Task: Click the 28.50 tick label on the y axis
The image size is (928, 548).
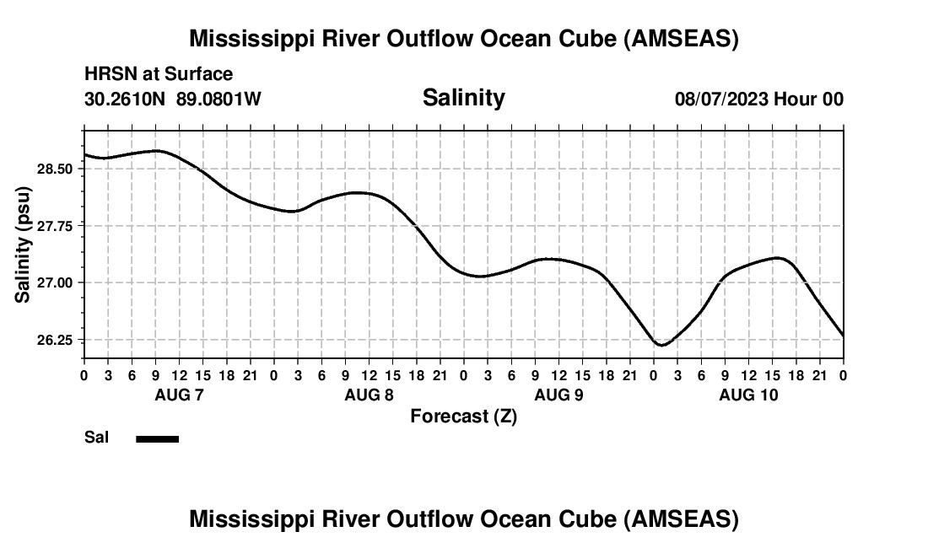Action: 57,169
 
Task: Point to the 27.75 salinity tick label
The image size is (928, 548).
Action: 57,226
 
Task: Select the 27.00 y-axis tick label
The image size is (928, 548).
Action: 57,282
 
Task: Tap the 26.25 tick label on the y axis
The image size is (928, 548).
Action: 57,340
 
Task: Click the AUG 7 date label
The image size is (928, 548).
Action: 179,395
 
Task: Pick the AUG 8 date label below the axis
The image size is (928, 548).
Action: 369,395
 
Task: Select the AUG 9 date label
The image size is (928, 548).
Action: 558,395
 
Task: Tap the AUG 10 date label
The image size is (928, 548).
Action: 748,395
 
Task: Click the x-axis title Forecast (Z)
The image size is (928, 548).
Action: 463,416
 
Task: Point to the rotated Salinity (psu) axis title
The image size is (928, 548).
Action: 24,244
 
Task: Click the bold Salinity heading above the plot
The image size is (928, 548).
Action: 463,98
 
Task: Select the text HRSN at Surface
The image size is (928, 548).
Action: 159,74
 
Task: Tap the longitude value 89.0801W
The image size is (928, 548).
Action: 219,99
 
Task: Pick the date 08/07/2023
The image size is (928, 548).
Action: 721,99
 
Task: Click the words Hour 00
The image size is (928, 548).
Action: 809,99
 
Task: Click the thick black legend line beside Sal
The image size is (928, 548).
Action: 157,438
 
